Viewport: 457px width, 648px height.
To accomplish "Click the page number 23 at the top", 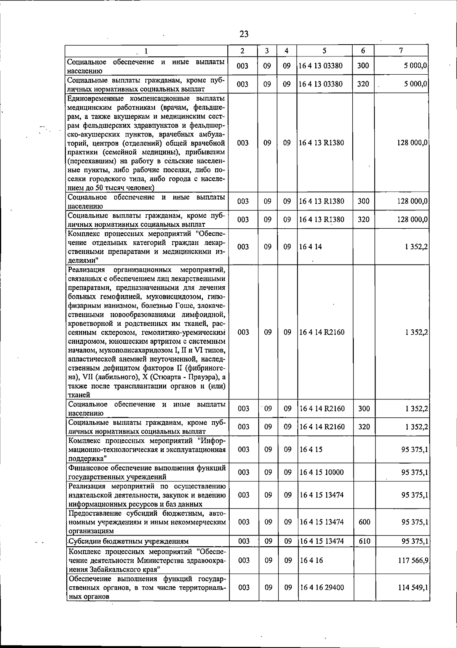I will [244, 34].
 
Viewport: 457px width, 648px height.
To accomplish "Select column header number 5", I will [324, 50].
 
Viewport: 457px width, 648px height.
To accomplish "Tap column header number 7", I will [401, 50].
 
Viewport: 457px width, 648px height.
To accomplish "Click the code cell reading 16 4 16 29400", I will [322, 598].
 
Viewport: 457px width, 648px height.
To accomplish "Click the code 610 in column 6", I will [364, 541].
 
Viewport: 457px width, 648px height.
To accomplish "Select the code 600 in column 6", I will [364, 522].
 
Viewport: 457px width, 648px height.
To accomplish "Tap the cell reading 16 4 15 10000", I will [322, 472].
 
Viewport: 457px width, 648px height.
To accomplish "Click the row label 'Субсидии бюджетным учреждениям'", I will [128, 541].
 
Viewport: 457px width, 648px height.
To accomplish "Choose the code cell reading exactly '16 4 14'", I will [311, 247].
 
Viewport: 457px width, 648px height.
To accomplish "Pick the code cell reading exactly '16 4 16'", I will [311, 560].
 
